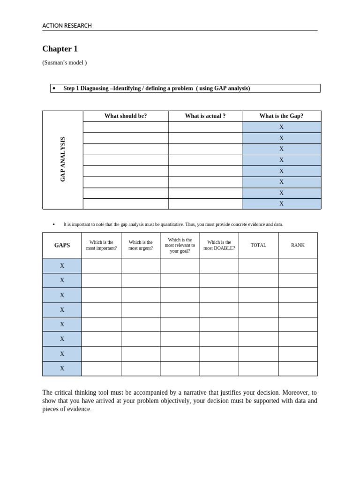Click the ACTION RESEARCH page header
tap(67, 26)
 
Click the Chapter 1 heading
tap(60, 49)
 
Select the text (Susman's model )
tap(64, 62)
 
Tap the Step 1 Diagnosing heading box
tap(185, 88)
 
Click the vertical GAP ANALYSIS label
tap(63, 159)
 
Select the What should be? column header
tap(126, 116)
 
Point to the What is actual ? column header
tap(205, 116)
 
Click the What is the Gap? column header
tap(281, 116)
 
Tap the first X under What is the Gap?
tap(281, 127)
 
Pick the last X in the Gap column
tap(281, 203)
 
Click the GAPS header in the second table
tap(62, 245)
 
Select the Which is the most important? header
tap(101, 245)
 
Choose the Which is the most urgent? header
tap(141, 245)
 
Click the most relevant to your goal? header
tap(180, 245)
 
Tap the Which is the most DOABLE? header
tap(219, 245)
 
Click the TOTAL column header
tap(258, 245)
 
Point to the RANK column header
tap(298, 245)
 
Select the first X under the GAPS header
tap(62, 265)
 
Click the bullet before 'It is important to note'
tap(54, 225)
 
